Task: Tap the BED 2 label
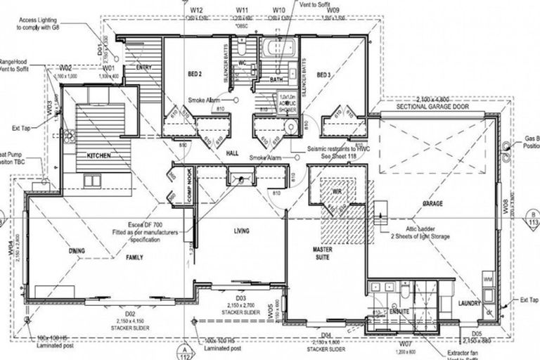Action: point(175,73)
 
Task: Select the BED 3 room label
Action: point(323,75)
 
